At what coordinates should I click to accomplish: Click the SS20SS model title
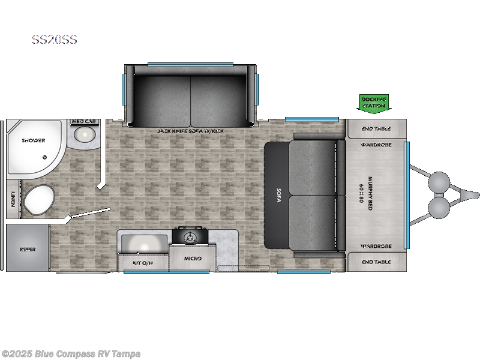tap(55, 41)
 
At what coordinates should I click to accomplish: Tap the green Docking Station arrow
tap(373, 103)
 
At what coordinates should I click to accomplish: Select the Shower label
tap(34, 140)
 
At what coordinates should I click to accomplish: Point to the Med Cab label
tap(83, 121)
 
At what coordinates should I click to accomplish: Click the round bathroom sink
tap(84, 136)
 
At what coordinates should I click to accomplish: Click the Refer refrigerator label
tap(28, 249)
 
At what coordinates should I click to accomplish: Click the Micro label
tap(193, 259)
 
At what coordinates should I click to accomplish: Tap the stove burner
tap(191, 238)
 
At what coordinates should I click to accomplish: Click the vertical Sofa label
tap(278, 196)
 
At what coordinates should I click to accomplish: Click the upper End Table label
tap(376, 128)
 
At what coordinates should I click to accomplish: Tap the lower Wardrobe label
tap(376, 246)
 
